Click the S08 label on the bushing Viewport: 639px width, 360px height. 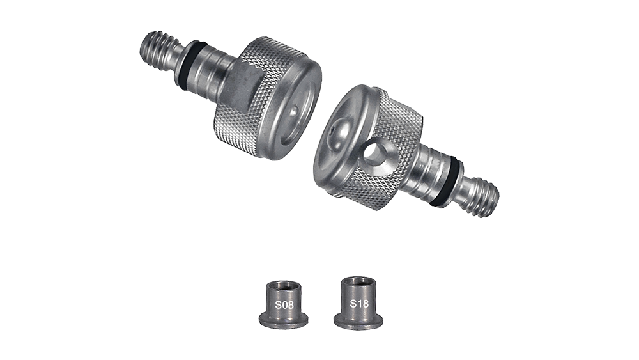[284, 304]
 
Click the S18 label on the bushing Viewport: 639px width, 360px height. [359, 303]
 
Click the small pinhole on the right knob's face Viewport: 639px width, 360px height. [334, 131]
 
